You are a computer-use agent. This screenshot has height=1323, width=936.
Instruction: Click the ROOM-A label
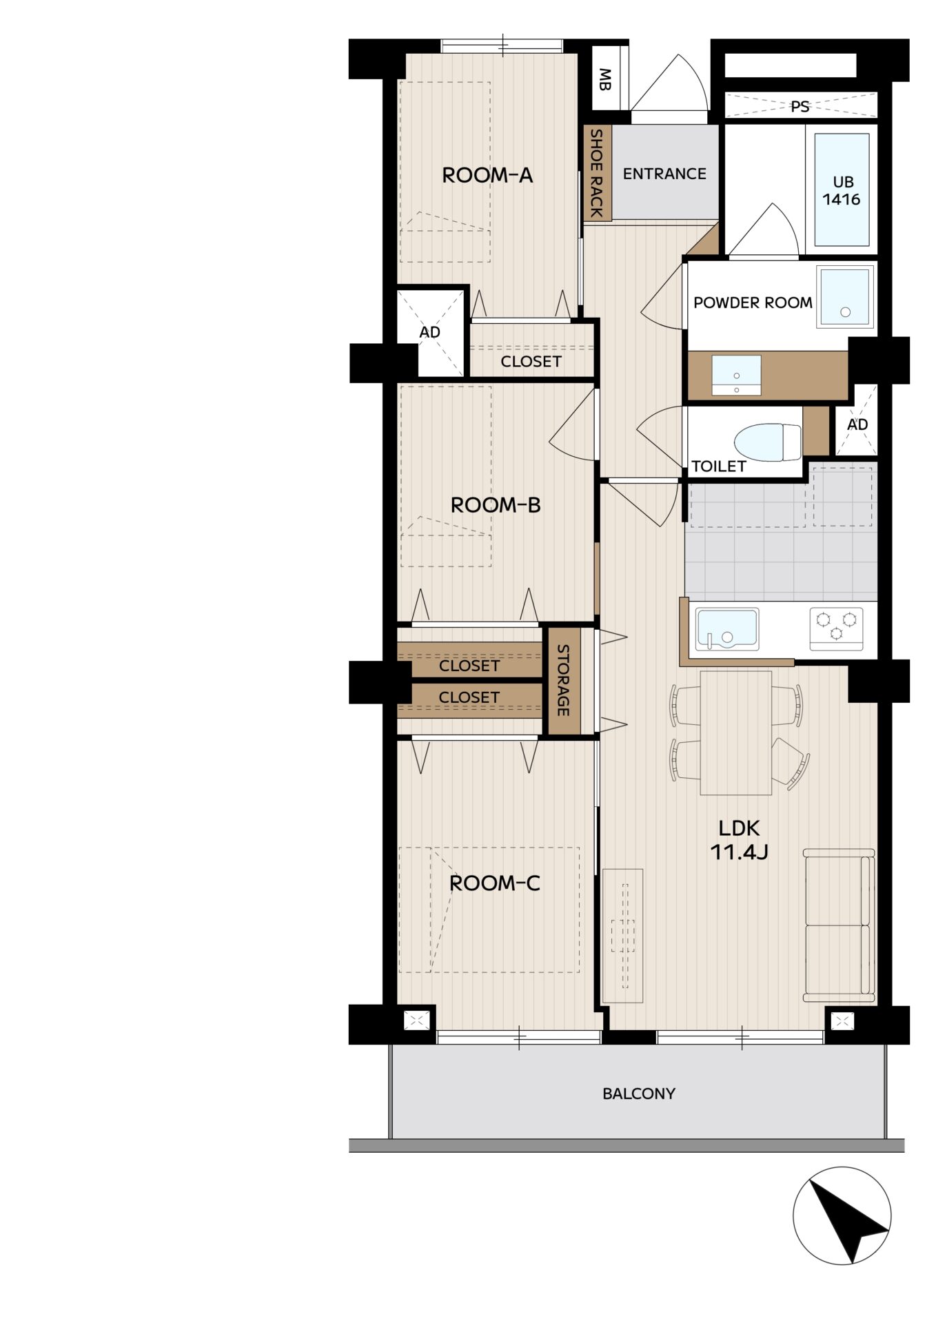(x=487, y=175)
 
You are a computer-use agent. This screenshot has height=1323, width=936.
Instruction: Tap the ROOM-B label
(x=496, y=505)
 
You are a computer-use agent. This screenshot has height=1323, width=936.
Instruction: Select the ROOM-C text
(x=494, y=883)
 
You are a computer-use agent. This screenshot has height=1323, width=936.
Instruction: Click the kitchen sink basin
(x=727, y=628)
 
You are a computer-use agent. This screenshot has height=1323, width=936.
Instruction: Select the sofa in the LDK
(x=839, y=925)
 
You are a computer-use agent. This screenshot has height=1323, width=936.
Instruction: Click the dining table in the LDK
(x=735, y=732)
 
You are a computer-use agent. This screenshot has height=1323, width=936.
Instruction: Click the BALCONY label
(x=639, y=1094)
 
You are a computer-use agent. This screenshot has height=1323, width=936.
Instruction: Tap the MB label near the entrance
(x=604, y=79)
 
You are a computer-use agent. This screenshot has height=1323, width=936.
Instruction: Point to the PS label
(x=800, y=107)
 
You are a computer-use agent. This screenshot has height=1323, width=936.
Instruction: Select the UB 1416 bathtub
(x=842, y=189)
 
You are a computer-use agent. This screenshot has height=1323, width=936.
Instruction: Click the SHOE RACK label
(x=597, y=173)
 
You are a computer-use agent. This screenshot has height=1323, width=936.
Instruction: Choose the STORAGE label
(x=562, y=680)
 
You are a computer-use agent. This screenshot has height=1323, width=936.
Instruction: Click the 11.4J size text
(x=739, y=852)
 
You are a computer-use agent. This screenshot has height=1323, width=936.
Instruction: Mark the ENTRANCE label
(x=664, y=174)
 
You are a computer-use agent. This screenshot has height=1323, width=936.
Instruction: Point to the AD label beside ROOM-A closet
(x=429, y=332)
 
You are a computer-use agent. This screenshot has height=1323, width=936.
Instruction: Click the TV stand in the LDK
(x=622, y=935)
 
